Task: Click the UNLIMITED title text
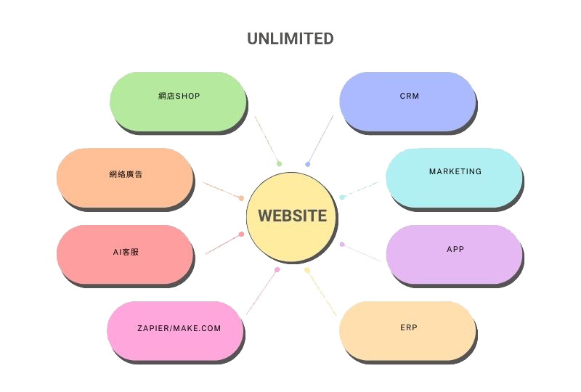point(290,38)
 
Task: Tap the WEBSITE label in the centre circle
point(292,216)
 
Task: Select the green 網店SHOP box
point(178,101)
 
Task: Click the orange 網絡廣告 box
point(124,178)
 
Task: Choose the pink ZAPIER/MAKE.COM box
point(175,330)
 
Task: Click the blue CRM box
point(407,101)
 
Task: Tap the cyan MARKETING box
point(453,178)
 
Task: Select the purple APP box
point(453,254)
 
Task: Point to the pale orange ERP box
point(407,330)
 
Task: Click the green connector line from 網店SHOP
point(267,139)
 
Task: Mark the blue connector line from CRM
point(320,139)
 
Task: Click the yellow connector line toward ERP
point(322,293)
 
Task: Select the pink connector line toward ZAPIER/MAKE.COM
point(261,293)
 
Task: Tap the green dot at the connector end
point(279,164)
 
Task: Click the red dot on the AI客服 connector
point(241,234)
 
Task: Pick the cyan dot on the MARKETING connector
point(341,197)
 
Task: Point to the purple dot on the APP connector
point(342,244)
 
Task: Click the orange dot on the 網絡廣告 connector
point(241,198)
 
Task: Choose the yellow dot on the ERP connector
point(307,270)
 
